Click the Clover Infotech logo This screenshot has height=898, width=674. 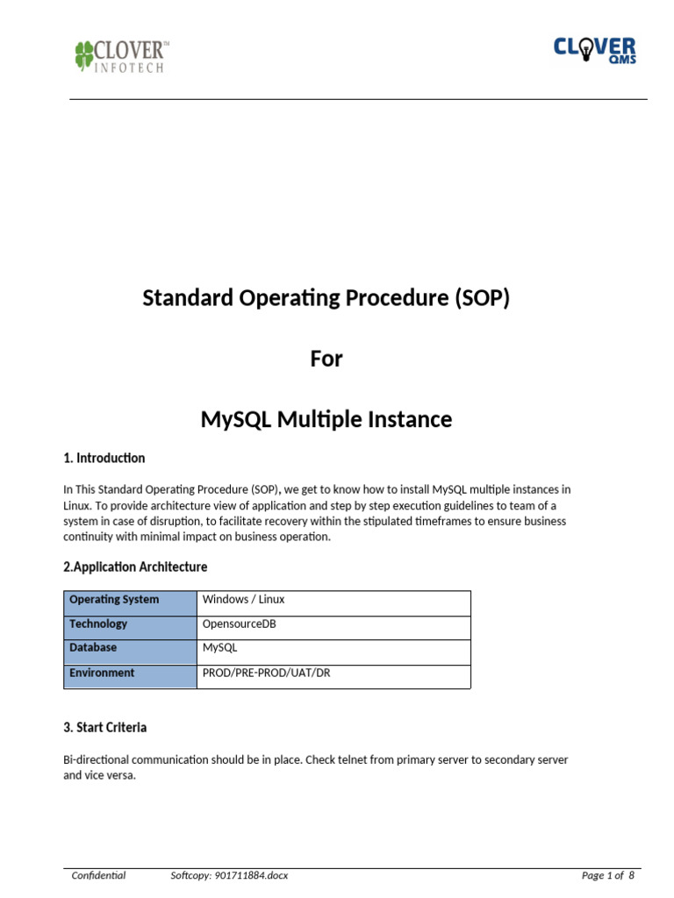coord(120,55)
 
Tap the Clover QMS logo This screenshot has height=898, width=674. coord(594,50)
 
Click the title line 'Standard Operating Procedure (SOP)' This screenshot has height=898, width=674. coord(326,298)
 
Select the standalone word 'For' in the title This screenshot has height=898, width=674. coord(326,359)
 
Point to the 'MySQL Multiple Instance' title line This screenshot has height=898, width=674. coord(326,419)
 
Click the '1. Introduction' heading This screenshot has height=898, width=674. coord(104,458)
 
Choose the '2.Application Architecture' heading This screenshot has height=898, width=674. coord(135,567)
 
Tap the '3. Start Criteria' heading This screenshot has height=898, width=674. coord(105,727)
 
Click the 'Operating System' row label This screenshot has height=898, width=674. coord(114,600)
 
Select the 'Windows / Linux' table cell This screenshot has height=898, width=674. coord(244,600)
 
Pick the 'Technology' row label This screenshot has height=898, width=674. coord(98,624)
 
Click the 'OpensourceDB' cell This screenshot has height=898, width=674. coord(239,624)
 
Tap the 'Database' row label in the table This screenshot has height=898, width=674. coord(93,648)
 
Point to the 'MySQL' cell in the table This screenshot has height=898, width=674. coord(219,648)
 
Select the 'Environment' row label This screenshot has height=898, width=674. coord(102,673)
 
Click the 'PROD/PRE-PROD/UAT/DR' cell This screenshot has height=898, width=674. coord(267,673)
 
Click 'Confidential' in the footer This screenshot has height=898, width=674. coord(98,875)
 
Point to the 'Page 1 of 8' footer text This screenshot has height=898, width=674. coord(607,875)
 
